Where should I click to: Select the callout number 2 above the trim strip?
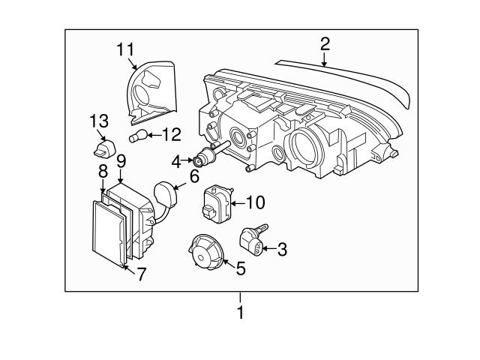324,43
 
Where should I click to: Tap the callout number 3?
282,250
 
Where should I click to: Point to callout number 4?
175,160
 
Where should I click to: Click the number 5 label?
240,267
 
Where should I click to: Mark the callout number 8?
103,172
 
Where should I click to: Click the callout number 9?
121,160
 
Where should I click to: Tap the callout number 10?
255,202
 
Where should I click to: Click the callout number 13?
99,120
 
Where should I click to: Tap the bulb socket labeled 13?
102,146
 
